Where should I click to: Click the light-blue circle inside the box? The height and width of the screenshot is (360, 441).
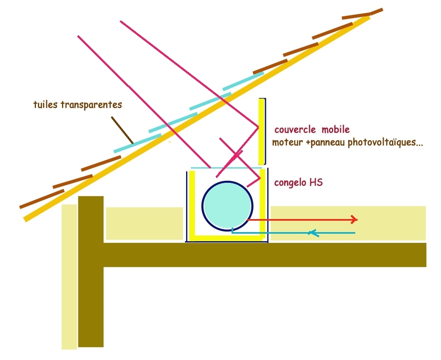point(227,205)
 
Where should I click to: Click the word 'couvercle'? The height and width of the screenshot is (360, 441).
point(295,129)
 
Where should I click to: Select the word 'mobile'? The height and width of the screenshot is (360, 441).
point(335,129)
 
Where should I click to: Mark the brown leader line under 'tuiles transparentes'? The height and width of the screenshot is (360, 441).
point(122,129)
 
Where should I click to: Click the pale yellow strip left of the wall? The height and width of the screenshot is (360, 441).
point(69,276)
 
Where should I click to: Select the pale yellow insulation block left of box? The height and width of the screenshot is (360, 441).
point(144,223)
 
